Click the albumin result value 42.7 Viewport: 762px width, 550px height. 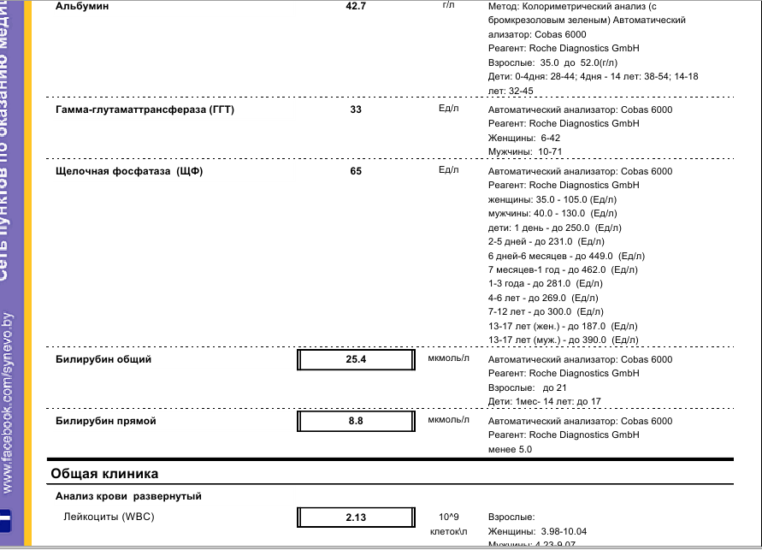(356, 6)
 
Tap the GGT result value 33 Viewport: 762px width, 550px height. (356, 109)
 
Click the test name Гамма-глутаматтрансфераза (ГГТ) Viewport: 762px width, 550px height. (145, 109)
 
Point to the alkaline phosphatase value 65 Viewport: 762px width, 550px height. (356, 171)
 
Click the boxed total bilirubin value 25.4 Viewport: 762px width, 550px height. (356, 359)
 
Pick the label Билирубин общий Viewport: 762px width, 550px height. (103, 359)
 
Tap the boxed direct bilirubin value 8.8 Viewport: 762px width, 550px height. (356, 421)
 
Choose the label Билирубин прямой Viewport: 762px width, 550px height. (106, 421)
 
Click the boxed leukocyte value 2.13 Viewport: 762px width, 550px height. (356, 517)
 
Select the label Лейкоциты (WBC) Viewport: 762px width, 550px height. (109, 517)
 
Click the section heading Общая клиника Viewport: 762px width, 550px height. (104, 473)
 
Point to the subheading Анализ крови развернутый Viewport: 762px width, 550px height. (128, 496)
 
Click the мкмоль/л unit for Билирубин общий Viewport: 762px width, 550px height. (449, 358)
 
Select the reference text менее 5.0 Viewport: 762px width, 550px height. (510, 449)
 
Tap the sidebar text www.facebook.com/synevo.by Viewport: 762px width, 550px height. (8, 402)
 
